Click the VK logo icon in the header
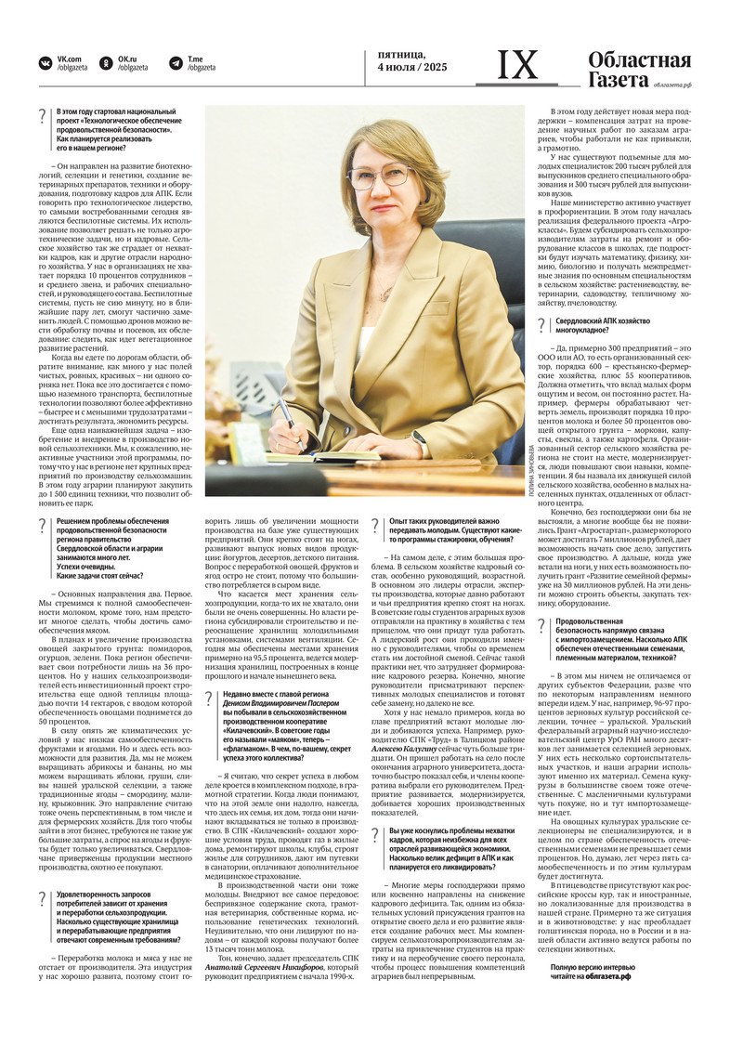pos(45,63)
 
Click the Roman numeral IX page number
pos(517,65)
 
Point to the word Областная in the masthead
pos(639,60)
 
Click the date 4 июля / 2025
pos(411,67)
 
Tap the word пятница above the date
pos(401,54)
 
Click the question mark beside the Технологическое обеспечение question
pos(42,116)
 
